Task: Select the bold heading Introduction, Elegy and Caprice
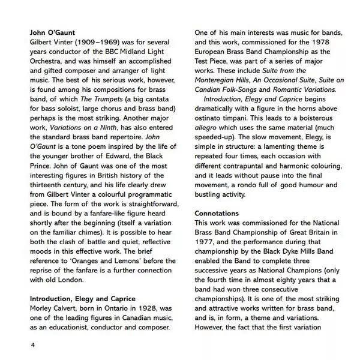(82, 299)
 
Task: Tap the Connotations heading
(217, 213)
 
